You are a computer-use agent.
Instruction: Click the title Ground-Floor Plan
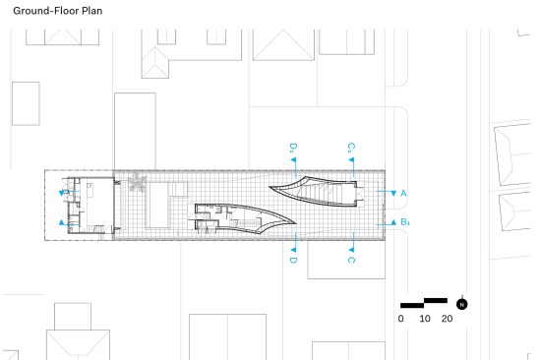[x=58, y=11]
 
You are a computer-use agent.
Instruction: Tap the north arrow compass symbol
[x=462, y=304]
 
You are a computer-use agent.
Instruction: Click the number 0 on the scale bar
[x=400, y=319]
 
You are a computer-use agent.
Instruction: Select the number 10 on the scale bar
[x=425, y=319]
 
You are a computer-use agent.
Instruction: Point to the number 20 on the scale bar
[x=447, y=319]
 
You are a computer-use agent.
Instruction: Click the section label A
[x=403, y=194]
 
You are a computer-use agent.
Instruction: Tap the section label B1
[x=405, y=222]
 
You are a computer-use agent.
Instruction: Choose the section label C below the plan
[x=351, y=260]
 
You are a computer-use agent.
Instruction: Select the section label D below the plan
[x=293, y=260]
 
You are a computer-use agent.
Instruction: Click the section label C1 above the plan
[x=351, y=148]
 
